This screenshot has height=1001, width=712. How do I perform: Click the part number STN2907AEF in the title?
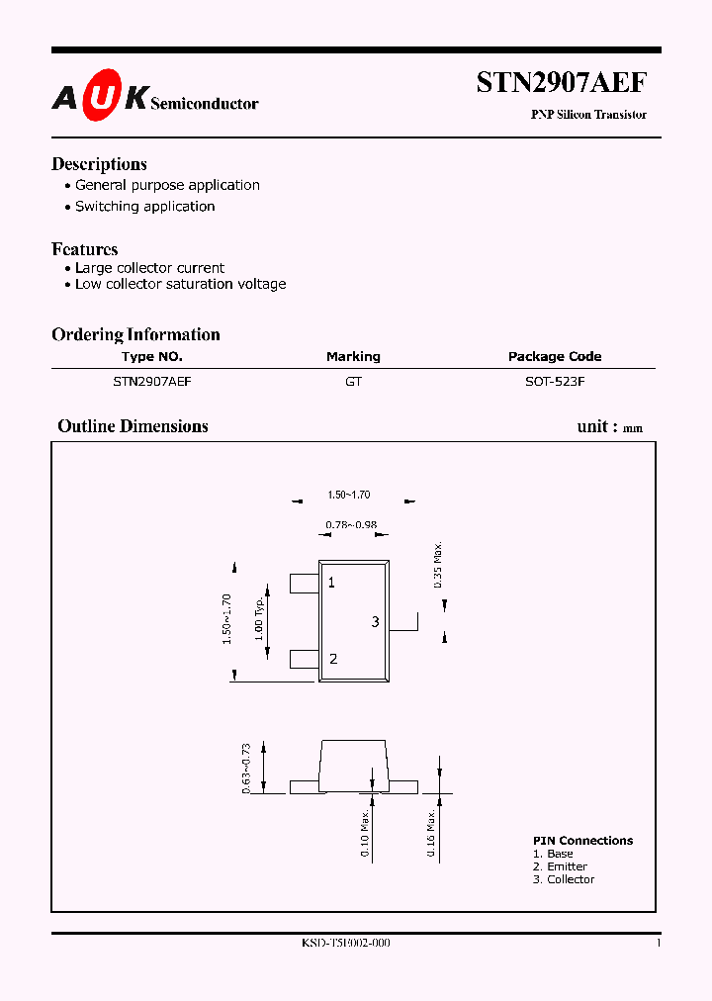click(x=562, y=83)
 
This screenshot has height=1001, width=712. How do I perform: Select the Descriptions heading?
click(x=99, y=164)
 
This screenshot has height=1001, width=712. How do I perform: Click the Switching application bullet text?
click(x=145, y=207)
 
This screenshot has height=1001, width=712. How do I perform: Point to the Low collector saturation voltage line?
click(x=181, y=284)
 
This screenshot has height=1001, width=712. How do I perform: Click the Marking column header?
click(x=353, y=357)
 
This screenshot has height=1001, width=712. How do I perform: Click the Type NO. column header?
click(x=152, y=357)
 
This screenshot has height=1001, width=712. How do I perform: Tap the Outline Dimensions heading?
click(x=133, y=426)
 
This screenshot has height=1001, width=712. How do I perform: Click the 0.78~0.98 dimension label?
click(x=351, y=525)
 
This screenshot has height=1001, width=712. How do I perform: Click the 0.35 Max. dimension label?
click(x=439, y=566)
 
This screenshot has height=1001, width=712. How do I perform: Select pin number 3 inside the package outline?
click(x=376, y=621)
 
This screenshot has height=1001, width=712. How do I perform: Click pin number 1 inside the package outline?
click(x=331, y=583)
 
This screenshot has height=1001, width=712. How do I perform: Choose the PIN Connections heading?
click(x=582, y=841)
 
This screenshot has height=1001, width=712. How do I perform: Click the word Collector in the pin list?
click(x=571, y=879)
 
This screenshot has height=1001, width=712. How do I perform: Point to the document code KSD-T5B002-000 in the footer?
click(x=346, y=944)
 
